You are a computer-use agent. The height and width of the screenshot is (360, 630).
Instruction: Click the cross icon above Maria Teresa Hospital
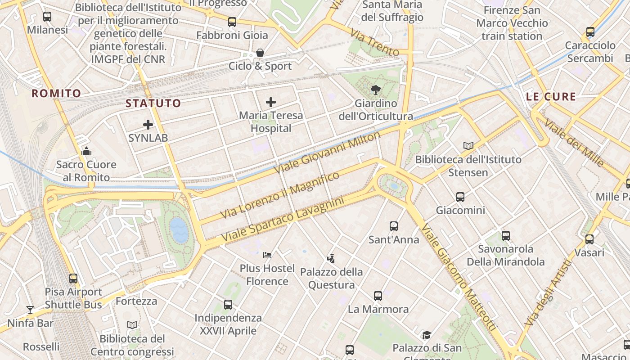270,102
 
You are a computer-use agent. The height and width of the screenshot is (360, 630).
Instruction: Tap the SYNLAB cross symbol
148,125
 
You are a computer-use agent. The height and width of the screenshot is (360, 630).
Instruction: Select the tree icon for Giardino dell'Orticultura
375,90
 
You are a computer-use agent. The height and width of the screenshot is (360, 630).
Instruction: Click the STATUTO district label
153,103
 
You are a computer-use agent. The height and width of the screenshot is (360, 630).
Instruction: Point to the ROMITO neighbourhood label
56,94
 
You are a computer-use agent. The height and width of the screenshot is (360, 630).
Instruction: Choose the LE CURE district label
551,97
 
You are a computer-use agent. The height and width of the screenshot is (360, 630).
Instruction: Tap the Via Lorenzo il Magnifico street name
280,195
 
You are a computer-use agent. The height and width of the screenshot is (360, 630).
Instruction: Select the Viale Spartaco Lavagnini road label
283,218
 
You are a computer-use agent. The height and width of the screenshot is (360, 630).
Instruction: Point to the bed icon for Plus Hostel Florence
267,255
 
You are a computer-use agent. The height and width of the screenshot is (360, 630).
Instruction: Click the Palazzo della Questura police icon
331,259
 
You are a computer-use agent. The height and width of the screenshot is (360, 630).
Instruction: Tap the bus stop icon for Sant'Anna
394,226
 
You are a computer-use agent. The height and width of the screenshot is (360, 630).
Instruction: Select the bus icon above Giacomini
460,197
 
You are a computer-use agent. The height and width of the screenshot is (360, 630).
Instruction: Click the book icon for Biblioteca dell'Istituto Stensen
468,146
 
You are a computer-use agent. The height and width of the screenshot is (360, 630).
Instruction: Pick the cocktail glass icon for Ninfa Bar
30,310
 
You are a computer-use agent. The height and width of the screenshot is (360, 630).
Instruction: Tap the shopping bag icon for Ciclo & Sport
260,53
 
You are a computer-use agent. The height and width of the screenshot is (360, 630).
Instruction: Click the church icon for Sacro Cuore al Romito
86,151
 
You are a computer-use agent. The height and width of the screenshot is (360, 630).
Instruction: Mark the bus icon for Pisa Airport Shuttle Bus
73,279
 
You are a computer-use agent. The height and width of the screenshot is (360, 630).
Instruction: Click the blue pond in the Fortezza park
179,229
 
